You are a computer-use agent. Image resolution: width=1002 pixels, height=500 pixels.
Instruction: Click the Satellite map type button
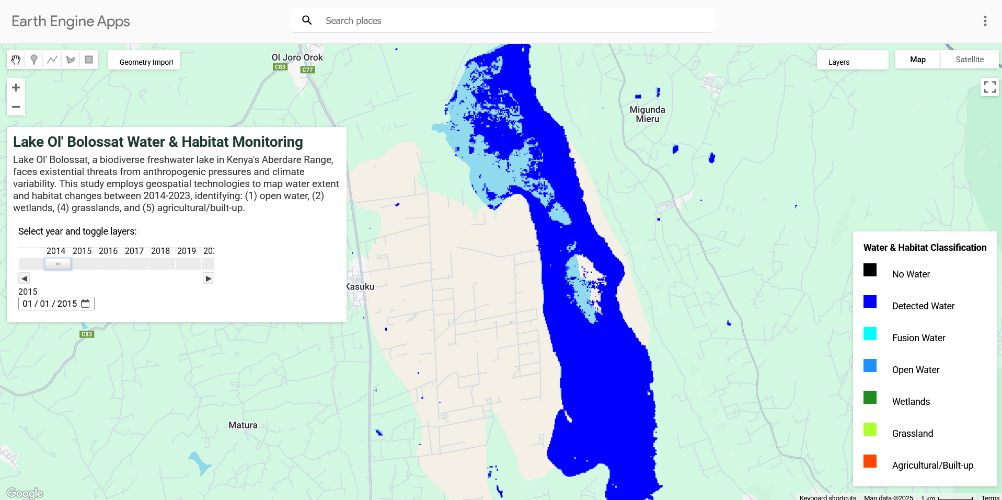pos(969,60)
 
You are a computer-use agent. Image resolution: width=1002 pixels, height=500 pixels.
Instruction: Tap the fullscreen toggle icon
pos(989,87)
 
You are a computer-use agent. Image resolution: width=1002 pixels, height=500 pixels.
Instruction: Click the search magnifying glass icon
pos(307,20)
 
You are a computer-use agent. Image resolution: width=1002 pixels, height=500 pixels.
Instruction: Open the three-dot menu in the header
pos(985,21)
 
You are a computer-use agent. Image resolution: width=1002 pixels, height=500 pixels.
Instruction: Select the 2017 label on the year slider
pos(134,251)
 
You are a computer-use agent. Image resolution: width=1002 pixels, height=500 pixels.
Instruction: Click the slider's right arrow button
pos(209,278)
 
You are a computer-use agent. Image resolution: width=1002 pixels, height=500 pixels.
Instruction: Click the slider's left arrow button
pos(24,278)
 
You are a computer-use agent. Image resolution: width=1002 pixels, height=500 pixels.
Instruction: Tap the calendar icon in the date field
pos(86,304)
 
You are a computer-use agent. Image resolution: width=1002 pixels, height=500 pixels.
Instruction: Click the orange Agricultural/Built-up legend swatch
pos(870,461)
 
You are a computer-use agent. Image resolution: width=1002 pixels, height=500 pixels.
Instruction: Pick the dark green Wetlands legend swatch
pos(870,398)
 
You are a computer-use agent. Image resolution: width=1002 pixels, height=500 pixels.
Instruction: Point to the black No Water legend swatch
pos(870,270)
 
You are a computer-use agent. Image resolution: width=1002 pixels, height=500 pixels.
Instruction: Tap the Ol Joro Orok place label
pos(297,57)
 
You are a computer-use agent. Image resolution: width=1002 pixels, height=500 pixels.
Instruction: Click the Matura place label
pos(243,425)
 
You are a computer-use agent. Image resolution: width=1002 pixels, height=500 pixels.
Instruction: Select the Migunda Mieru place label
pos(647,114)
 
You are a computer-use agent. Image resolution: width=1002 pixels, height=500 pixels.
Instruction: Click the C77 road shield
pos(307,69)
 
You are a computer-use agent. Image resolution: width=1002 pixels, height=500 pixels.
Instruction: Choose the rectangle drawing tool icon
pos(89,60)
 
